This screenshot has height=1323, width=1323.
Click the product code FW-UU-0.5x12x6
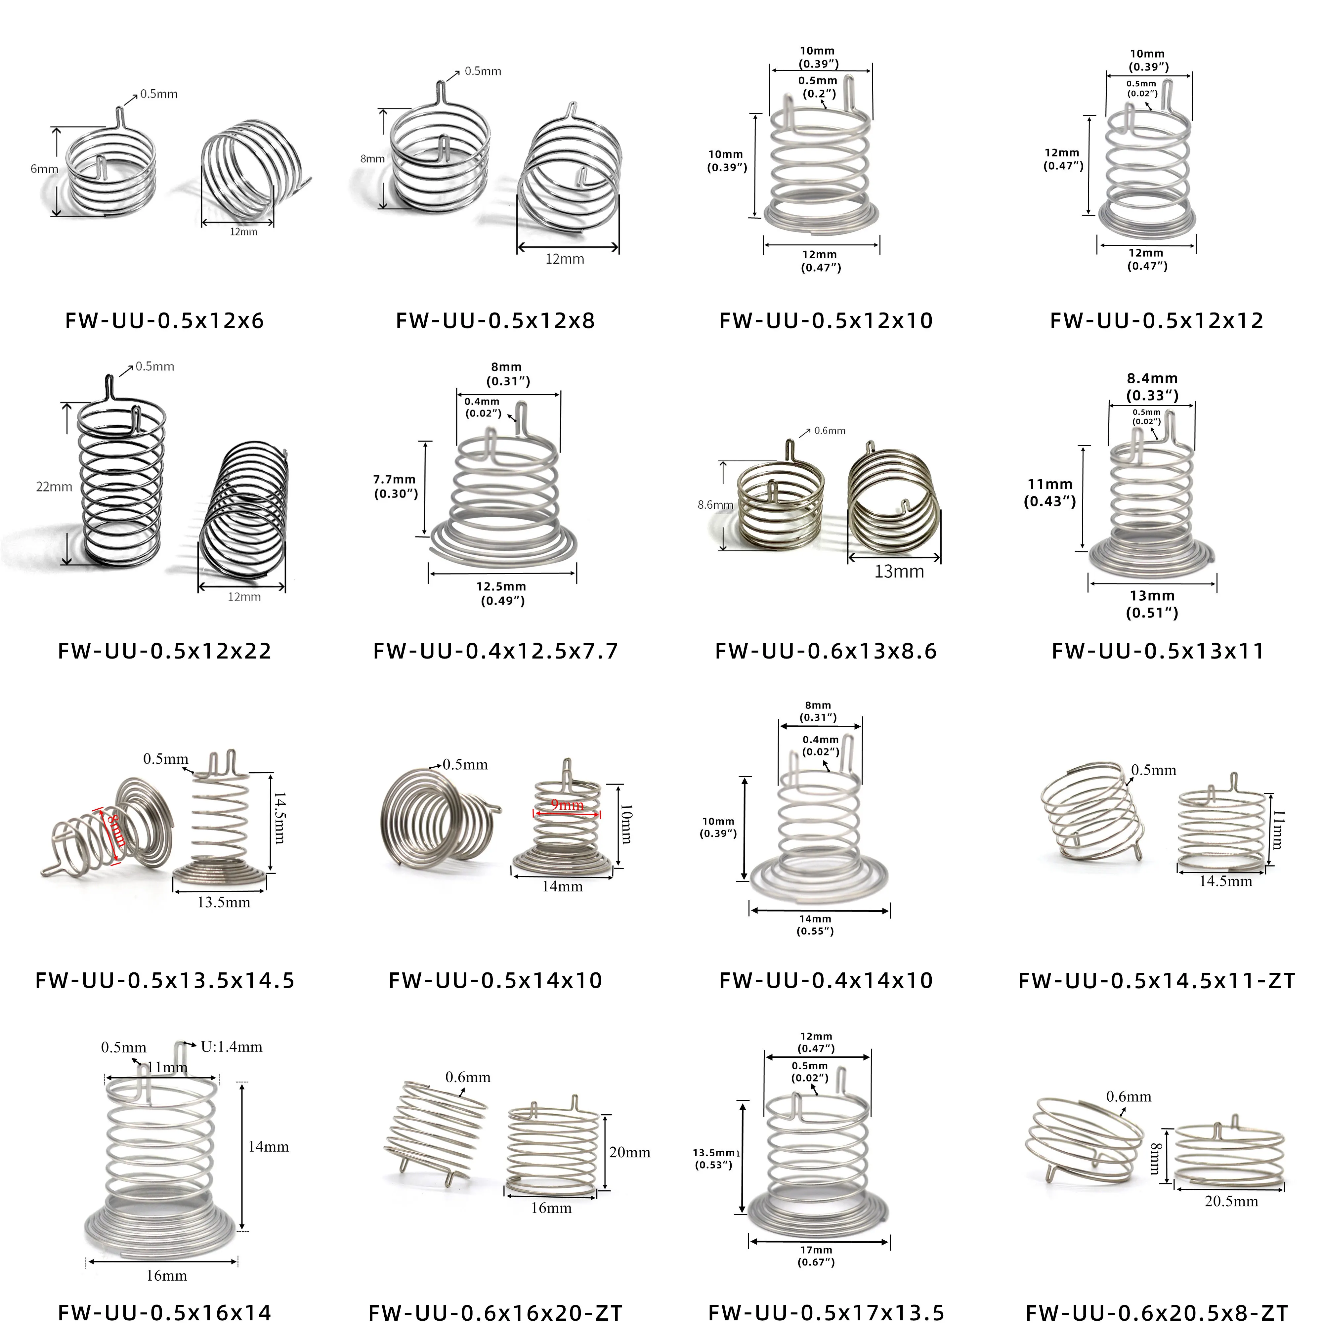coord(164,320)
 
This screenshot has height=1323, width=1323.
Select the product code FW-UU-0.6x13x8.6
coord(826,651)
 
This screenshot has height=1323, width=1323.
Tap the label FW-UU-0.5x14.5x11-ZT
coord(1157,981)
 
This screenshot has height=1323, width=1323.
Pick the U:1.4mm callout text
coord(232,1046)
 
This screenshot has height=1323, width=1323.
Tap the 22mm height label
coord(54,487)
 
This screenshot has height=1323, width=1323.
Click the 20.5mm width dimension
coord(1231,1201)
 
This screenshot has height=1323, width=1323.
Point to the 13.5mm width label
coord(224,903)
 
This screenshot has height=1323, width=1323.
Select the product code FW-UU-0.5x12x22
coord(164,651)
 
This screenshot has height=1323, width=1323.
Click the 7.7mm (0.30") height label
coord(395,486)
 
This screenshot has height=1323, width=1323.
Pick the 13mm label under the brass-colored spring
coord(899,571)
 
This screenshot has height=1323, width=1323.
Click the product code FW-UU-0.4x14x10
coord(826,981)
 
